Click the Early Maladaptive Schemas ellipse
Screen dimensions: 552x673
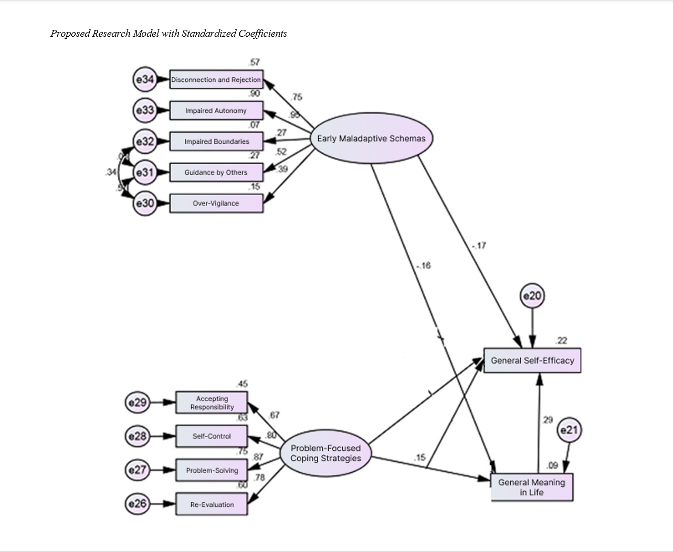pyautogui.click(x=371, y=139)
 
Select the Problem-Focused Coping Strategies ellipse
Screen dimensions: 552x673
pyautogui.click(x=326, y=453)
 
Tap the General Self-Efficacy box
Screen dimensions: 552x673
pyautogui.click(x=532, y=360)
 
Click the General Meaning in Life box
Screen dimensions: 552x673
pyautogui.click(x=531, y=487)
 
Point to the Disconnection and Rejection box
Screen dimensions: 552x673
pyautogui.click(x=216, y=80)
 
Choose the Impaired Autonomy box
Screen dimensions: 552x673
pyautogui.click(x=216, y=111)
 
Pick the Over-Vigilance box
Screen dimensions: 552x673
pyautogui.click(x=216, y=203)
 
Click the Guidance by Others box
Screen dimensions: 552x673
pyautogui.click(x=216, y=172)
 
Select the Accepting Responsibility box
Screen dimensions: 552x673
pyautogui.click(x=212, y=402)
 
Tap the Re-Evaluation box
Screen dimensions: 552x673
pyautogui.click(x=212, y=504)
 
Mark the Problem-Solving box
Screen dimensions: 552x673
pyautogui.click(x=212, y=470)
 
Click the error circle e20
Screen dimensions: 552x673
pyautogui.click(x=532, y=296)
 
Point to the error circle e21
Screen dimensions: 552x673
pyautogui.click(x=569, y=431)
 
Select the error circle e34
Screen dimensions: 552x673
pyautogui.click(x=145, y=80)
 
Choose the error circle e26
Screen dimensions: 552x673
pyautogui.click(x=138, y=504)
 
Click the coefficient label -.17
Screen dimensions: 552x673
pyautogui.click(x=479, y=246)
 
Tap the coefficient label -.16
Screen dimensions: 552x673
pyautogui.click(x=423, y=266)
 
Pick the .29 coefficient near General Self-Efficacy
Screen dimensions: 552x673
pyautogui.click(x=547, y=420)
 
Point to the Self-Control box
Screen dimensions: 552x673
pyautogui.click(x=212, y=436)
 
